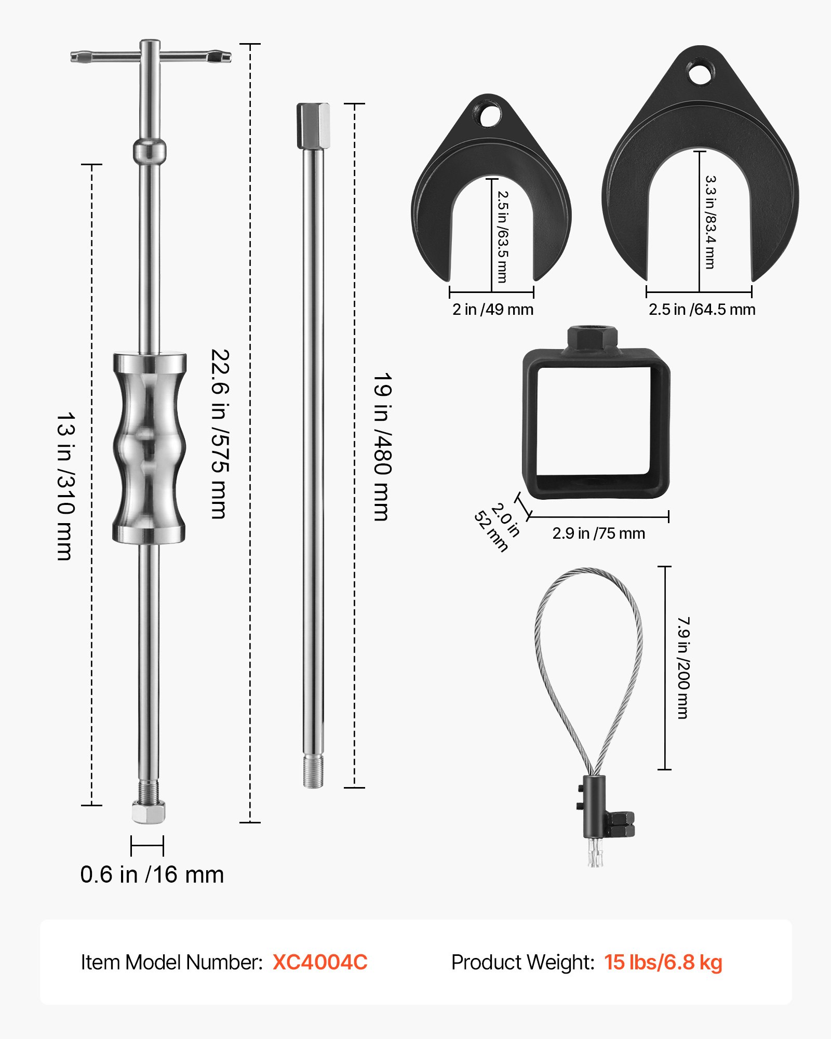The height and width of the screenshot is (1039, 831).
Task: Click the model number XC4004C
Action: coord(320,962)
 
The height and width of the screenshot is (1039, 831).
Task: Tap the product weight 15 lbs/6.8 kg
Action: coord(663,962)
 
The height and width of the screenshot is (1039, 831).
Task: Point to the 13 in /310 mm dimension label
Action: coord(66,486)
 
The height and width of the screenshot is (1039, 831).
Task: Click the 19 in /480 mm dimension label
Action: coord(382,447)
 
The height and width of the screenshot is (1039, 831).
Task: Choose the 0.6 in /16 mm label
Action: coord(152,875)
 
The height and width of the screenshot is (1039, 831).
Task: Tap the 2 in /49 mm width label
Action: coord(492,310)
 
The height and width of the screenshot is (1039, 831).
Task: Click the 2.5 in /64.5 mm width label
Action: coord(702,310)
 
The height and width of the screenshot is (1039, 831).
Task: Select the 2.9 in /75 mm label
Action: coord(598,534)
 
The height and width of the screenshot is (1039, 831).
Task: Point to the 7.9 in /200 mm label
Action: coord(683,668)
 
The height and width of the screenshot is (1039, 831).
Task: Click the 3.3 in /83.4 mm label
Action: coord(711,222)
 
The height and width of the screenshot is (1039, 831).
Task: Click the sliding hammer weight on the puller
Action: coord(150,448)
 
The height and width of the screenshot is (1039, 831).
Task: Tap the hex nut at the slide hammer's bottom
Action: coord(149,811)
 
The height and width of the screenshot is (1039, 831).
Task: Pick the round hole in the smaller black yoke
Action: coord(490,115)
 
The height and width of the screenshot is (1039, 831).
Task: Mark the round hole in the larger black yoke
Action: coord(701,73)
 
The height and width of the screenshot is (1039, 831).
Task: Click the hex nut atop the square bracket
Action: coord(592,338)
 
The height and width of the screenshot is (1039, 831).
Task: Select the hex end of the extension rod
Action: coord(313,126)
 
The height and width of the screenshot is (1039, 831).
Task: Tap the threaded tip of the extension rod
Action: coord(313,772)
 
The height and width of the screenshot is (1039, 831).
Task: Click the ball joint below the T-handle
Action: coord(150,151)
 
